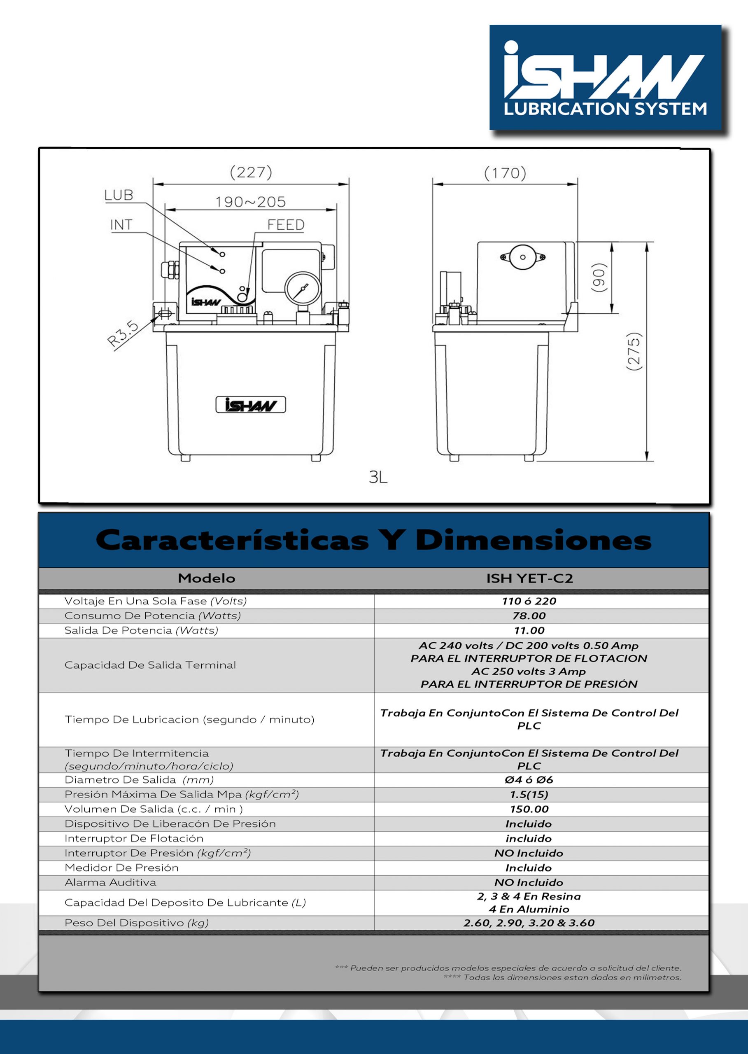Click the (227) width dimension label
[x=251, y=172]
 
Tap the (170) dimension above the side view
[x=505, y=173]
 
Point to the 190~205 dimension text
[x=251, y=202]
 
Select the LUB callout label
[x=119, y=195]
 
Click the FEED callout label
[x=286, y=225]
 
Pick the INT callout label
[x=121, y=225]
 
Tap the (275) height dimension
[x=634, y=351]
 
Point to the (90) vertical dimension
[x=598, y=277]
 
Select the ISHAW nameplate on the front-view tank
[x=251, y=405]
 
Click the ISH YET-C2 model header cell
[x=530, y=578]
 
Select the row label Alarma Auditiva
[x=111, y=882]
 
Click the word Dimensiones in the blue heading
[x=533, y=540]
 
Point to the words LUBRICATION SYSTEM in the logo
[x=605, y=109]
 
